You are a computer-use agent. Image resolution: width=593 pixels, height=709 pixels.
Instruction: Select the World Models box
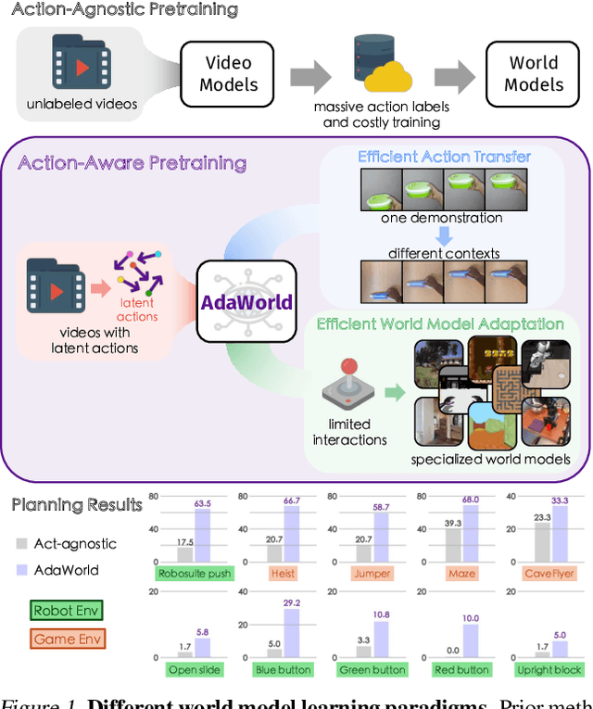click(x=535, y=73)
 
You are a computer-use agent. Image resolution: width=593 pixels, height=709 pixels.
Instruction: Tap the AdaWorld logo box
click(x=246, y=301)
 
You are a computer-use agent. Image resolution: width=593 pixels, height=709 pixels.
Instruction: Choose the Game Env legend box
click(x=67, y=638)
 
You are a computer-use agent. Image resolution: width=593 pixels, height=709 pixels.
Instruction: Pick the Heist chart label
click(x=283, y=574)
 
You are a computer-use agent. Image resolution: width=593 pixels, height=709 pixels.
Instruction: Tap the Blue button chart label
click(x=283, y=669)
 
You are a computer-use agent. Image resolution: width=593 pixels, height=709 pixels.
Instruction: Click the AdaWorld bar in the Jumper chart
click(x=382, y=538)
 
